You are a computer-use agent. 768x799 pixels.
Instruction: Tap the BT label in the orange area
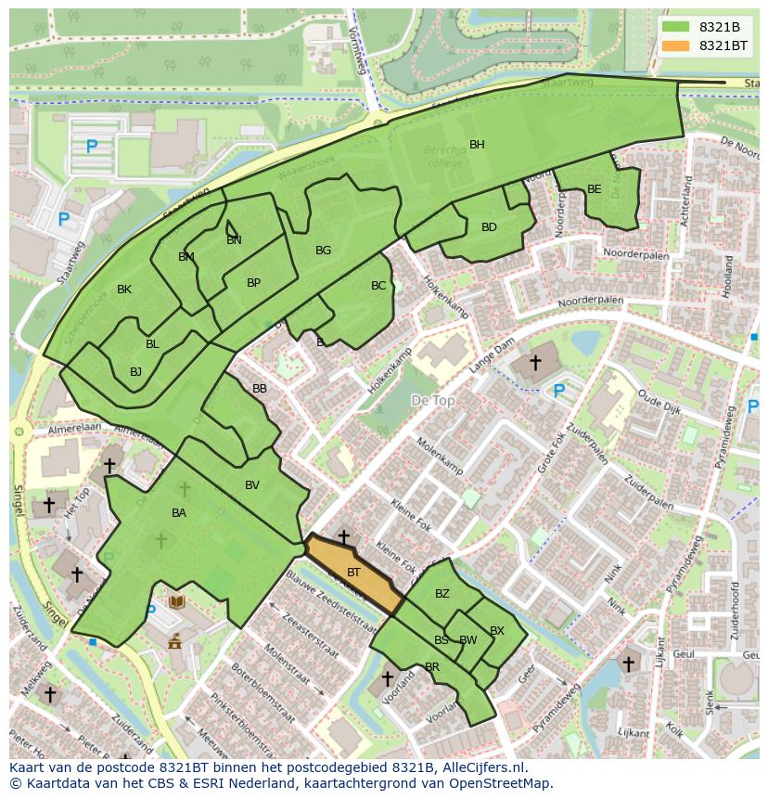click(353, 573)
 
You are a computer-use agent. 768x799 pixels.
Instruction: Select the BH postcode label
click(477, 144)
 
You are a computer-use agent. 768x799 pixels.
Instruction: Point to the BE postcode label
click(595, 189)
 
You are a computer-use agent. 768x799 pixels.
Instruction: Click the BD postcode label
click(489, 227)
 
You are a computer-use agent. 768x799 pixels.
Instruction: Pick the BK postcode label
click(124, 290)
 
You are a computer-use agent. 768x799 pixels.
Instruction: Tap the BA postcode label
click(179, 513)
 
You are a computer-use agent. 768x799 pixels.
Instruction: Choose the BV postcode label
click(252, 484)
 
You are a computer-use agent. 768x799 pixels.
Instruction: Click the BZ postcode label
click(442, 594)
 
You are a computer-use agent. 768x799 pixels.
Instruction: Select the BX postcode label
click(497, 631)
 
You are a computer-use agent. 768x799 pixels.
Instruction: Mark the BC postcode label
click(378, 286)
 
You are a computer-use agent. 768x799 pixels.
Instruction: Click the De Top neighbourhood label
click(432, 400)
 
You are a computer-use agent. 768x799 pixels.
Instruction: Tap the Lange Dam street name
click(490, 356)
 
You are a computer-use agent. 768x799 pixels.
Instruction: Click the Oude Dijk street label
click(659, 408)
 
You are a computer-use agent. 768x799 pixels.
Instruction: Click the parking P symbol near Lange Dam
click(558, 392)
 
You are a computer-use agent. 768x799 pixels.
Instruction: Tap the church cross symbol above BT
click(344, 536)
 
